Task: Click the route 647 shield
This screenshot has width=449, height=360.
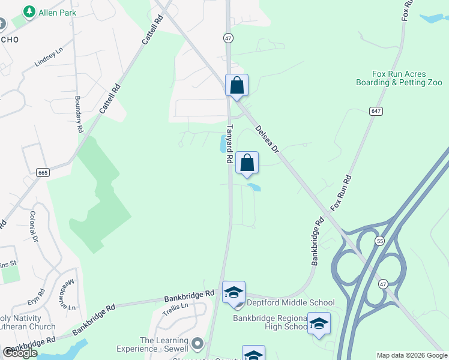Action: coord(376,112)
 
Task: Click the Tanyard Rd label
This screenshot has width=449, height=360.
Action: coord(229,144)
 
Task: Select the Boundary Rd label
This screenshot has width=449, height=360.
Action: coord(78,114)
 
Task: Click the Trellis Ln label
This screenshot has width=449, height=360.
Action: coord(176,306)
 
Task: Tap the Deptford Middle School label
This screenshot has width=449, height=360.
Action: coord(291,303)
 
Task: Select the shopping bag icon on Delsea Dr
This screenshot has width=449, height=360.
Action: coord(237,85)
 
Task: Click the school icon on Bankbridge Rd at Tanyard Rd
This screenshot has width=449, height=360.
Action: coord(234,292)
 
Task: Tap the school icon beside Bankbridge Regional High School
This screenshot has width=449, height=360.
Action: coord(319,324)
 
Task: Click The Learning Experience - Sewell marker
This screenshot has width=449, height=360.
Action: coord(197,345)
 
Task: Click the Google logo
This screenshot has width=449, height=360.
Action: coord(19,353)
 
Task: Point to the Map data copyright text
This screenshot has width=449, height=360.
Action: coord(412,355)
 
